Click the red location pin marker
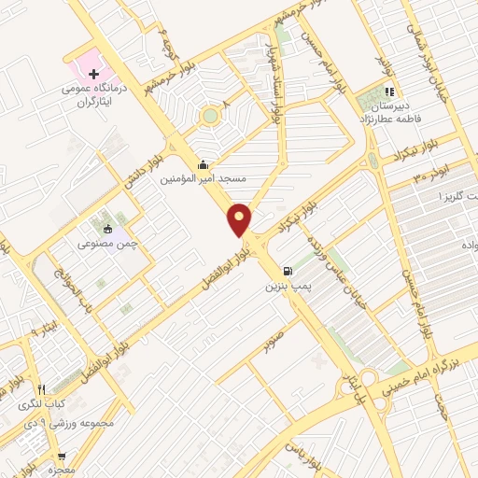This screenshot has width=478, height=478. click(x=240, y=219)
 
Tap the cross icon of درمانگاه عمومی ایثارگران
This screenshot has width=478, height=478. click(x=93, y=72)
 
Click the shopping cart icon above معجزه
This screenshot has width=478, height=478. click(x=62, y=457)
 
